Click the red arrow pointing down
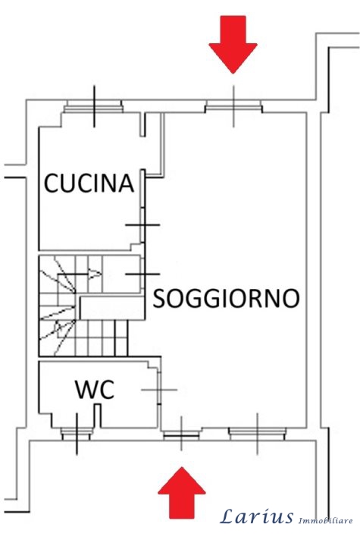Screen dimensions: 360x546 tap(233, 44)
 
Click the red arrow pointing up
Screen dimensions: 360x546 tap(182, 493)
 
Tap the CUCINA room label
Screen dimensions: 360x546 tap(89, 184)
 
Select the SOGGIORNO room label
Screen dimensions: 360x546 tap(227, 298)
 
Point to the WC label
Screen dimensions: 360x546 tap(95, 390)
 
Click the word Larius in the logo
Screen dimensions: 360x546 tap(257, 516)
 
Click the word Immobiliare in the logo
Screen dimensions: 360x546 tap(326, 521)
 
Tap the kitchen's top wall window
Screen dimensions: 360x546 tap(93, 107)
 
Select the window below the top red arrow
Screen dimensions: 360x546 tap(233, 107)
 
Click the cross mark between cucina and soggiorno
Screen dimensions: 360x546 tap(142, 225)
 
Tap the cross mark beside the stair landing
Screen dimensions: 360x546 tap(142, 275)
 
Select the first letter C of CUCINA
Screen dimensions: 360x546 tap(51, 184)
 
